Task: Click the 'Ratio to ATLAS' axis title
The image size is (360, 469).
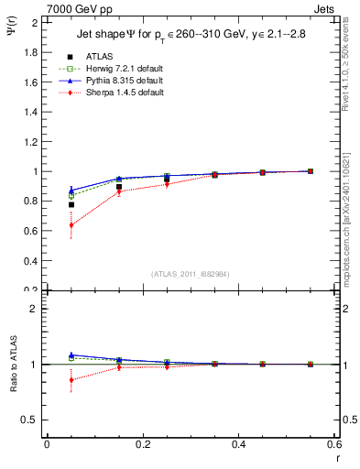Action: (x=12, y=364)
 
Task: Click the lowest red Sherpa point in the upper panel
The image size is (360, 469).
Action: (x=71, y=225)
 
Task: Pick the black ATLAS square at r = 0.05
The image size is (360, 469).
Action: (x=71, y=204)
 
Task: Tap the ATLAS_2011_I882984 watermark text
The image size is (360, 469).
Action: (x=191, y=274)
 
